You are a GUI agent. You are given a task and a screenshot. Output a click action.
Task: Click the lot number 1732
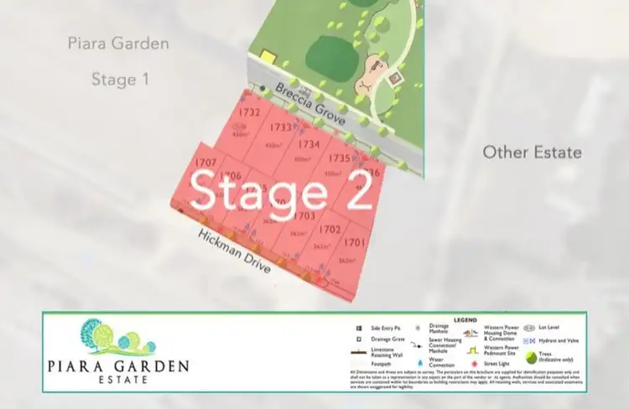[250, 111]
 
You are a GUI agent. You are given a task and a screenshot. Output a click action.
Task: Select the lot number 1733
[281, 127]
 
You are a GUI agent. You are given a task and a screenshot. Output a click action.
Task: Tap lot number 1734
[309, 144]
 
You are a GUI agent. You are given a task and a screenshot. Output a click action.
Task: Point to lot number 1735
[339, 158]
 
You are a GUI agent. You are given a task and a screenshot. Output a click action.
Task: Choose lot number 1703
[304, 216]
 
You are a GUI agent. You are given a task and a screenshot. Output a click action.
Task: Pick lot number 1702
[330, 229]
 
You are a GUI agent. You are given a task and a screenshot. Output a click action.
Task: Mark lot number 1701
[355, 242]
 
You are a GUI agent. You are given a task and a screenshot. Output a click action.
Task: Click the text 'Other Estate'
[532, 152]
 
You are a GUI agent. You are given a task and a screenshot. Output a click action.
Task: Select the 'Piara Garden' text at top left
[118, 43]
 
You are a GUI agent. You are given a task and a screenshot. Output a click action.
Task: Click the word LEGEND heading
[465, 319]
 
